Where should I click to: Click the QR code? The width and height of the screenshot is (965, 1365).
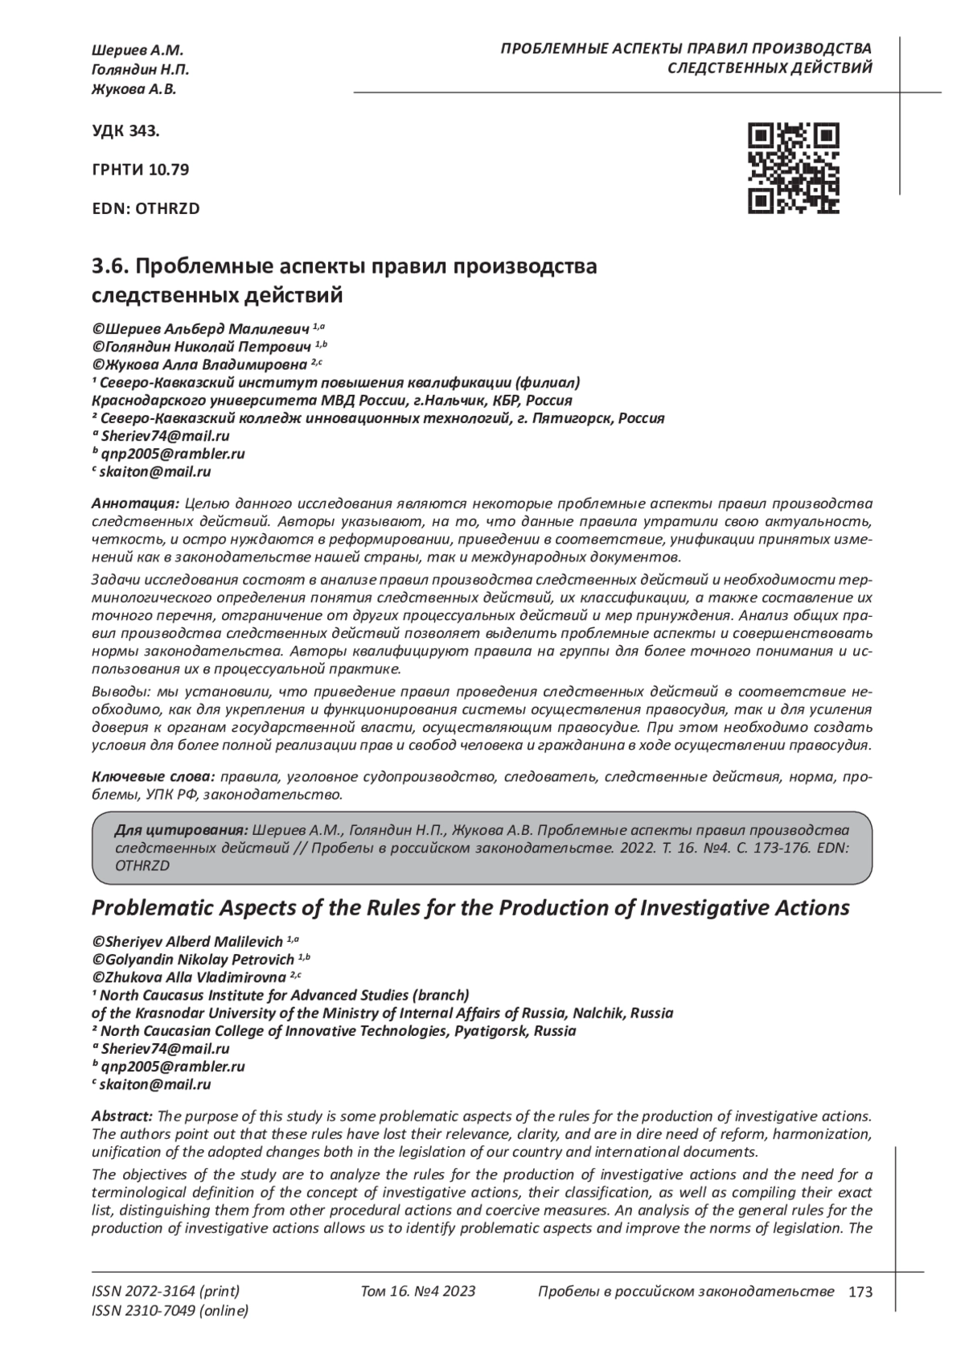[793, 168]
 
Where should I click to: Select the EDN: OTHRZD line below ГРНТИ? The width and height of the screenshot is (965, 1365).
[146, 208]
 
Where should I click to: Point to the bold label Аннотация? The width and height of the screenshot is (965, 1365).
[135, 504]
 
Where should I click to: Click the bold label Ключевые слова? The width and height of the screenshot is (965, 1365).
[153, 777]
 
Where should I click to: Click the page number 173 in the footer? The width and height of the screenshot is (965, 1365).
[860, 1293]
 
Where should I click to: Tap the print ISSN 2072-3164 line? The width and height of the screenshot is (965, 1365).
[166, 1292]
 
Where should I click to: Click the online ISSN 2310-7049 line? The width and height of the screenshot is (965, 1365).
[170, 1311]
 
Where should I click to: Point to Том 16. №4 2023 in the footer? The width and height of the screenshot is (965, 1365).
[418, 1292]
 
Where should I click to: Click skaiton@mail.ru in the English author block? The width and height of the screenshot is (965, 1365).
[155, 1084]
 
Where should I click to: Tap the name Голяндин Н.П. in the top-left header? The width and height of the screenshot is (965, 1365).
[141, 70]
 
